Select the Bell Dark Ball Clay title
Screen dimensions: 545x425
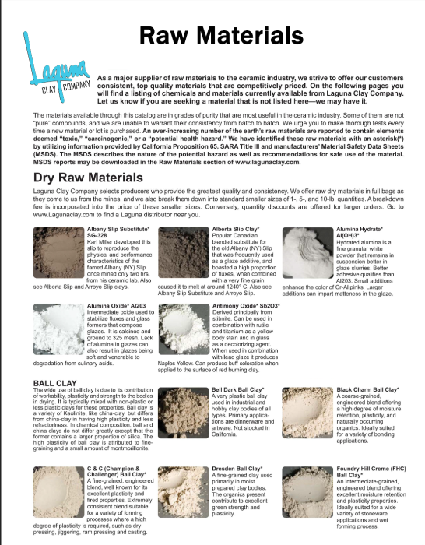[x=239, y=389]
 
